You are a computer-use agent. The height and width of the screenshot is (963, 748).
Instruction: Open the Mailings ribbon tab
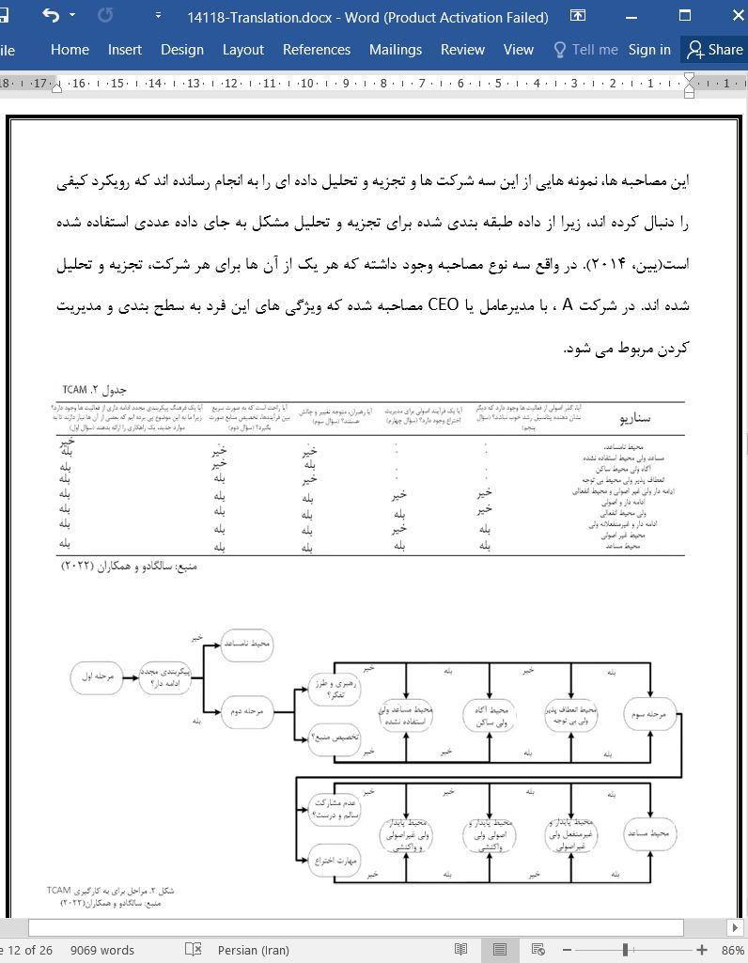pyautogui.click(x=395, y=50)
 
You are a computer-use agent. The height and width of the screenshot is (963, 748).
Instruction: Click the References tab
pyautogui.click(x=316, y=50)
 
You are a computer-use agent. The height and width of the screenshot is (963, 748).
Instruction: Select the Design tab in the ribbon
pyautogui.click(x=181, y=50)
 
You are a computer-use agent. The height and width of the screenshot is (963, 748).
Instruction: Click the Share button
pyautogui.click(x=714, y=50)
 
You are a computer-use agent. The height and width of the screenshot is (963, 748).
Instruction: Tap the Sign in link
pyautogui.click(x=649, y=50)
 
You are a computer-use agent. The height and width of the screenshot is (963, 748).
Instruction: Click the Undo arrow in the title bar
pyautogui.click(x=51, y=16)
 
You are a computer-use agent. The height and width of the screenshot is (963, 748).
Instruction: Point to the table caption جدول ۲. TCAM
pyautogui.click(x=94, y=389)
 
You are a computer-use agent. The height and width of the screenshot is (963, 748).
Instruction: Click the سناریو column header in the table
pyautogui.click(x=635, y=418)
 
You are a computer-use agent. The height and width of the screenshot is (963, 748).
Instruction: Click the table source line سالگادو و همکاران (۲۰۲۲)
pyautogui.click(x=129, y=567)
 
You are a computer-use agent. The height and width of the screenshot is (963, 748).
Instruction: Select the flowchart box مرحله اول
pyautogui.click(x=97, y=677)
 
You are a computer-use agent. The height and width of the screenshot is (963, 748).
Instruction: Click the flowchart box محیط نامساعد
pyautogui.click(x=247, y=644)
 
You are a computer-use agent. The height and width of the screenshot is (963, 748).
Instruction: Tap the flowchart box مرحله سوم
pyautogui.click(x=650, y=714)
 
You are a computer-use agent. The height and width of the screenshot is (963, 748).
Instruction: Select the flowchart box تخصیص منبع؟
pyautogui.click(x=335, y=738)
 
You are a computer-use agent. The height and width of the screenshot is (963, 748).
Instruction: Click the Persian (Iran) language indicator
pyautogui.click(x=253, y=950)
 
